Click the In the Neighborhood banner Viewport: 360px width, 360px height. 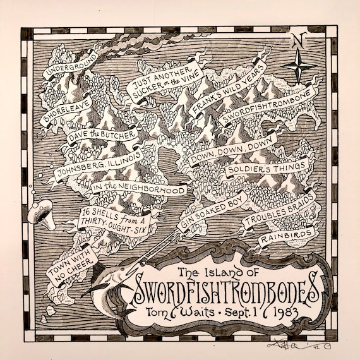(138, 188)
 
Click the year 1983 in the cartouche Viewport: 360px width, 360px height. (291, 313)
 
